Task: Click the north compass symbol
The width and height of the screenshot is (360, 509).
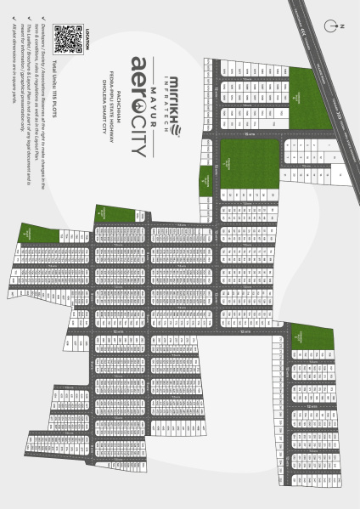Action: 340,25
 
